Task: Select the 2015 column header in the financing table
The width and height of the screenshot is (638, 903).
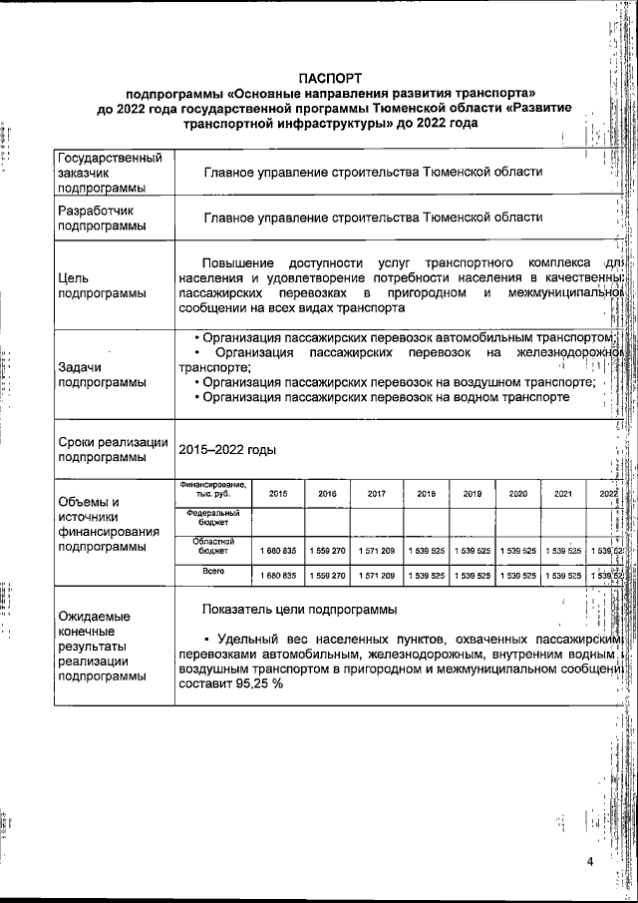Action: pos(278,493)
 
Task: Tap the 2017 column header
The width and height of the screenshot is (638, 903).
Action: pos(377,493)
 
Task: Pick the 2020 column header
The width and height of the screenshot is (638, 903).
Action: pos(517,493)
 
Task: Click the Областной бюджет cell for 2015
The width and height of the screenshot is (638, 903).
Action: pos(278,550)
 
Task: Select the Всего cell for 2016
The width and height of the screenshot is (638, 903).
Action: pos(327,576)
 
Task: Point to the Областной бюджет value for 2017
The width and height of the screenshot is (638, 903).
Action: pos(377,550)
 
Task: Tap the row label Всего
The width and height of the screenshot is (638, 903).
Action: pos(211,572)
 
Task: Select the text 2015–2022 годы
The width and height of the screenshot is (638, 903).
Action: pos(226,450)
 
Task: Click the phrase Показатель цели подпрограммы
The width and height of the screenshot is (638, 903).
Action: pos(299,608)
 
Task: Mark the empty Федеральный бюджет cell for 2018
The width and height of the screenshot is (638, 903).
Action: pos(426,519)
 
